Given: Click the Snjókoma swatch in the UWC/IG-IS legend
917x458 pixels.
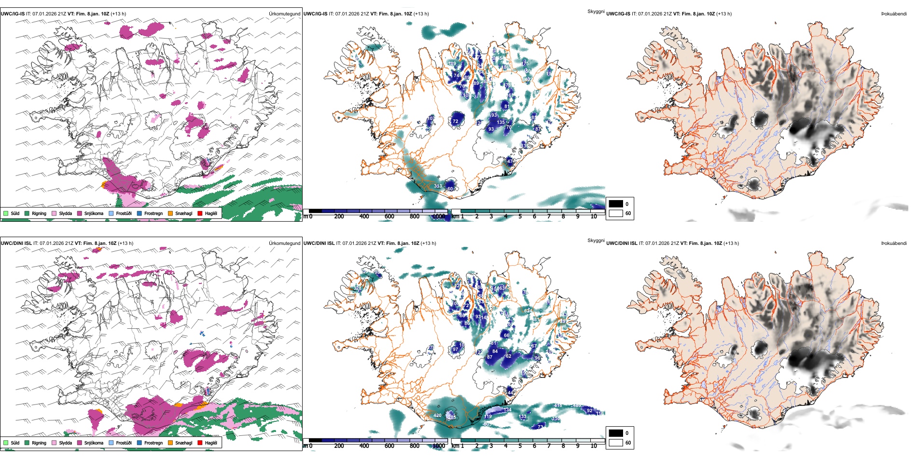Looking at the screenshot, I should (x=80, y=213).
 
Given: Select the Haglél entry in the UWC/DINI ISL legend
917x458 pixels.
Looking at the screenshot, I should (x=210, y=443).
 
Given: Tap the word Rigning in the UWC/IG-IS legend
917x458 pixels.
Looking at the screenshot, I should (x=39, y=213).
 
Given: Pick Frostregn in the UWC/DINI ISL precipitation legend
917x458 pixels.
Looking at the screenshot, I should (x=153, y=443).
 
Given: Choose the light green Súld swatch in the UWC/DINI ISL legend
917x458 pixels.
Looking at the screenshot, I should (x=6, y=443).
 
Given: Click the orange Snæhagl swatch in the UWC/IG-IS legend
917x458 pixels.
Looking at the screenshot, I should (x=170, y=213).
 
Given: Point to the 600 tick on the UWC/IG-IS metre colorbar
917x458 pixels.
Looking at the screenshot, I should (x=389, y=216).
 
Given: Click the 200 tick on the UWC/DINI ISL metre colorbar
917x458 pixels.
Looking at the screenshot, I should (x=339, y=446).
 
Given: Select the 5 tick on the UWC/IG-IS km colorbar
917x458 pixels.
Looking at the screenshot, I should (x=520, y=216).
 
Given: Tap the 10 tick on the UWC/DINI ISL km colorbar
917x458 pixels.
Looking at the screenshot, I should (x=594, y=446).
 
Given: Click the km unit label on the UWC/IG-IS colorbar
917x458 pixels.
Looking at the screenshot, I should (x=455, y=216).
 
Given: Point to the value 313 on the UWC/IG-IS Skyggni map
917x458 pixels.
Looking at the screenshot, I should (x=438, y=186).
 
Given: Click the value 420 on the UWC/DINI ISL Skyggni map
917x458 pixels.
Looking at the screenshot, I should (x=437, y=415).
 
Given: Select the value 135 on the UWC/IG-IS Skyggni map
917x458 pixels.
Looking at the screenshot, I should (x=501, y=122).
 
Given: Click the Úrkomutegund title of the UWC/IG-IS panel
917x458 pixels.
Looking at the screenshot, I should (x=284, y=13).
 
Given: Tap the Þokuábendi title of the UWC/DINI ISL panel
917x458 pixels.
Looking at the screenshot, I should (x=894, y=243).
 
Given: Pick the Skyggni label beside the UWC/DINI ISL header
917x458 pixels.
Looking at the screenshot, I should (x=596, y=240).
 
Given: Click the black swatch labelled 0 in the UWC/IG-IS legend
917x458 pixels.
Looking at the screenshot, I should (x=616, y=204).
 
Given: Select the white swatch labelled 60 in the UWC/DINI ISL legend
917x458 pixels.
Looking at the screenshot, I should (x=616, y=443).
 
